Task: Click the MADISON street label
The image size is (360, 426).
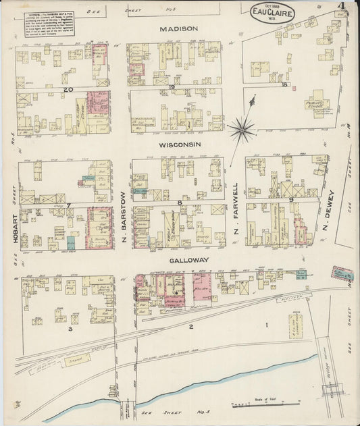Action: tap(179, 29)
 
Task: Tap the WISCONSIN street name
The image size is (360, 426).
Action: tap(178, 144)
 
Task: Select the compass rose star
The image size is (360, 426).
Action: tap(242, 128)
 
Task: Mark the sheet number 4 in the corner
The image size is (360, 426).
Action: tap(343, 8)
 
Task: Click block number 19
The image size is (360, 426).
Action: tap(173, 88)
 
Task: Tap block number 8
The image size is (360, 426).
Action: tap(180, 202)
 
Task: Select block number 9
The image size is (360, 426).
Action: tap(291, 200)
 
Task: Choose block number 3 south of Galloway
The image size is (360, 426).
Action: tap(69, 329)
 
